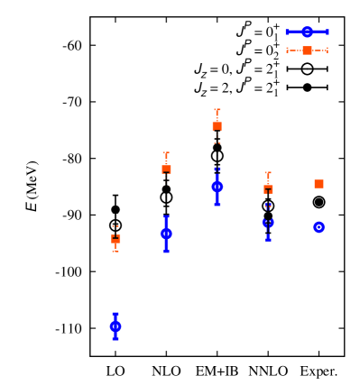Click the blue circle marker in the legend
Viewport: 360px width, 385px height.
click(x=308, y=32)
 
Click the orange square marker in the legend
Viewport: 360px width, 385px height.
click(x=308, y=50)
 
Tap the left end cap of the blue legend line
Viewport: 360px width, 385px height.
click(x=288, y=32)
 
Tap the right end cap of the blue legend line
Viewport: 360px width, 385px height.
click(x=327, y=32)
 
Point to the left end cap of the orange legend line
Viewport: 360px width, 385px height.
click(x=288, y=50)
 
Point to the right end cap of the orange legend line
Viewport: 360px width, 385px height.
click(x=327, y=50)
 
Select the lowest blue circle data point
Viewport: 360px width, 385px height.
click(x=115, y=326)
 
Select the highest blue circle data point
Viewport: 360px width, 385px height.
click(x=217, y=187)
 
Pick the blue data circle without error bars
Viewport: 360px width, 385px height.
click(x=318, y=227)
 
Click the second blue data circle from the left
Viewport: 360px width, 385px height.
click(x=167, y=234)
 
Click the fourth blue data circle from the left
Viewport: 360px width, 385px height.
click(x=268, y=223)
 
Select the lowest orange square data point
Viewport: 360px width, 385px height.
click(x=115, y=239)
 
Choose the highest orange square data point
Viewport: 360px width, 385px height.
click(x=217, y=126)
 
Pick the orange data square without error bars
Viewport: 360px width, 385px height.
click(x=318, y=184)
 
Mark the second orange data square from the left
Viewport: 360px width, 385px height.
click(x=167, y=169)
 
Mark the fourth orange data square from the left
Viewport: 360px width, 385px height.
click(x=268, y=189)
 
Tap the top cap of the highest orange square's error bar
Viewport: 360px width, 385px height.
click(x=217, y=110)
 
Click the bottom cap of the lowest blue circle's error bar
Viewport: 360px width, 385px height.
click(x=115, y=339)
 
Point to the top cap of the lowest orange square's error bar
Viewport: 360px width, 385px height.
click(x=115, y=226)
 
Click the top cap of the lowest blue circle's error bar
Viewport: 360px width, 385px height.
click(x=115, y=314)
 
